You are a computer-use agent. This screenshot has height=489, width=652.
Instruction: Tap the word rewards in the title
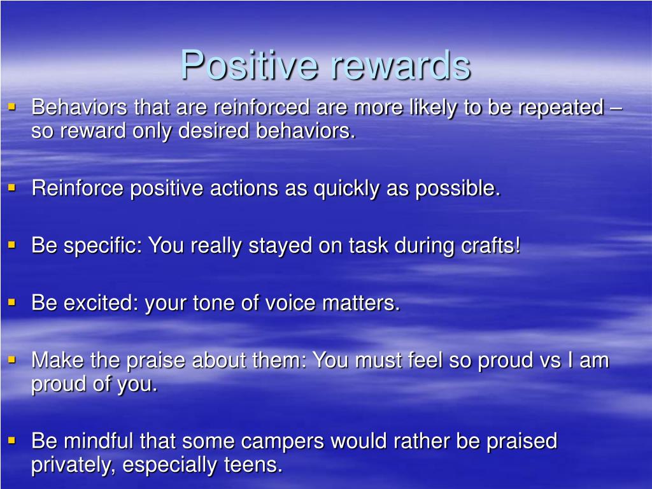(x=400, y=65)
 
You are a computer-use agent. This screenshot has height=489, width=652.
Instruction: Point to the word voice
(x=290, y=302)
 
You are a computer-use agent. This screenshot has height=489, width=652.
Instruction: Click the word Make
(x=57, y=360)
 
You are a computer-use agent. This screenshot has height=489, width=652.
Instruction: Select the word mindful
(x=97, y=441)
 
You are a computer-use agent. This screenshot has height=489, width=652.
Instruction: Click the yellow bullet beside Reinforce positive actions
(x=11, y=188)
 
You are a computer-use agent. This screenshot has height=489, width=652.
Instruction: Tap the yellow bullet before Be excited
(x=11, y=302)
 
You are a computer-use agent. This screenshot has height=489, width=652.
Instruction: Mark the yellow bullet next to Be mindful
(x=11, y=440)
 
